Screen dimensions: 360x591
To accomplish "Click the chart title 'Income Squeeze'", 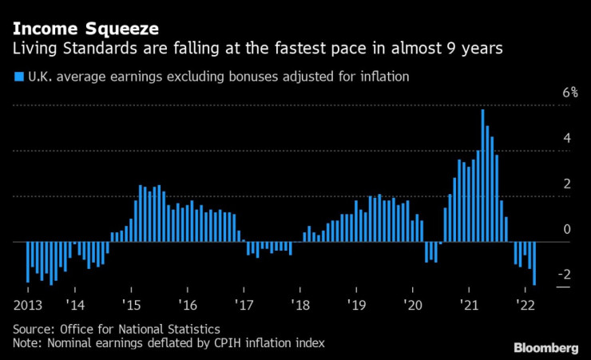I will [85, 29].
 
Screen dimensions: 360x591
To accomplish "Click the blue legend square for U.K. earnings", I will [18, 77].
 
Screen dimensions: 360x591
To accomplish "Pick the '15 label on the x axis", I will [132, 305].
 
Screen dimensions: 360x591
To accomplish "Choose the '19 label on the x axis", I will [357, 305].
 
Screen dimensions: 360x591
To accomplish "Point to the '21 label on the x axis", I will [470, 305].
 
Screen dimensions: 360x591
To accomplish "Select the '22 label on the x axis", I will [526, 305].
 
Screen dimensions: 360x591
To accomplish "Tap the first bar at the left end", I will [28, 262].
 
